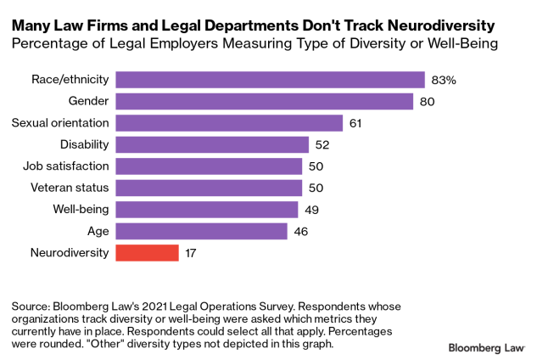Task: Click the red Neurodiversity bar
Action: [147, 252]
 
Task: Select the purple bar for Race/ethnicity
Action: [270, 80]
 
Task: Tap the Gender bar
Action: [264, 102]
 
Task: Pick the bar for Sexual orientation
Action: [229, 123]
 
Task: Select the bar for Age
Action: [201, 231]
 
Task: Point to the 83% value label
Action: [445, 80]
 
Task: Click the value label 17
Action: [192, 252]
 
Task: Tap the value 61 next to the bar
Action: [355, 123]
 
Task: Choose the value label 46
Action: [299, 231]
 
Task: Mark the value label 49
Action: [310, 210]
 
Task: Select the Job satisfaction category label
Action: [67, 166]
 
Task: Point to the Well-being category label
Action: [80, 210]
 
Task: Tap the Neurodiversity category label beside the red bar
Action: [70, 252]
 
